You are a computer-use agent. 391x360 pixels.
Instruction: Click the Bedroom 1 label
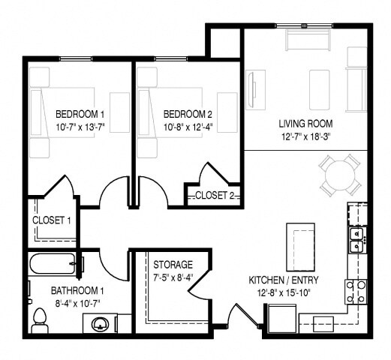click(x=79, y=114)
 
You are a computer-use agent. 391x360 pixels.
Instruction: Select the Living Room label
click(x=305, y=123)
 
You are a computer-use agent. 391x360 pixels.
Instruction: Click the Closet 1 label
click(x=52, y=220)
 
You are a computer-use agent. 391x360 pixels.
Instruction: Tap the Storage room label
click(x=173, y=265)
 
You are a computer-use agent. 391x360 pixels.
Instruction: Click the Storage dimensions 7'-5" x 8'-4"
click(x=173, y=277)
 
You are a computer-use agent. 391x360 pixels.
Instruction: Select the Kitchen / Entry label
click(x=284, y=280)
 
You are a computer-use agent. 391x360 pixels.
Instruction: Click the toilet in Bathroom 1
click(x=41, y=319)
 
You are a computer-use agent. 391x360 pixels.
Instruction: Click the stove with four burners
click(x=355, y=290)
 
